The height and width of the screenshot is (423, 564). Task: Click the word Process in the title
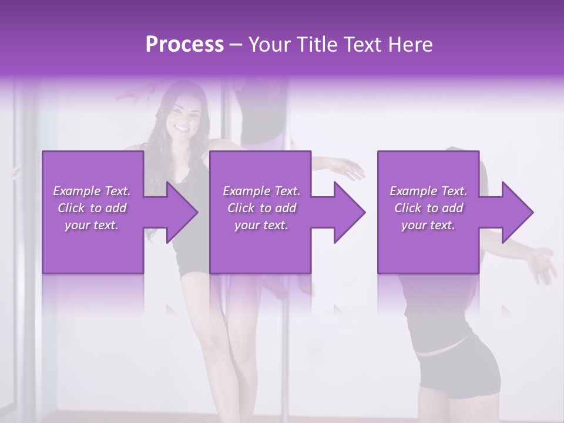click(x=184, y=45)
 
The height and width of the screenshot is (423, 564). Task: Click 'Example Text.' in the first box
click(x=92, y=191)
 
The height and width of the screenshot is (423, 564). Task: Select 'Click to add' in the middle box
click(x=261, y=208)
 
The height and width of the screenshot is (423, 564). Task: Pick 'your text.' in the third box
click(x=428, y=225)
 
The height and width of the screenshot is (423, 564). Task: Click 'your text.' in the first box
click(x=92, y=225)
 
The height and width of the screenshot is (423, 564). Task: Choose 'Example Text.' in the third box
click(x=428, y=191)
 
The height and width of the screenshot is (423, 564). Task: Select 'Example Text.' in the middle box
click(x=261, y=191)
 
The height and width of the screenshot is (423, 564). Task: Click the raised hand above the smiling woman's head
click(x=134, y=92)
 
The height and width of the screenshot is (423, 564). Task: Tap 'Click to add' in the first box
click(x=92, y=208)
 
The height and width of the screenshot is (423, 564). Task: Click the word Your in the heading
click(x=268, y=45)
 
